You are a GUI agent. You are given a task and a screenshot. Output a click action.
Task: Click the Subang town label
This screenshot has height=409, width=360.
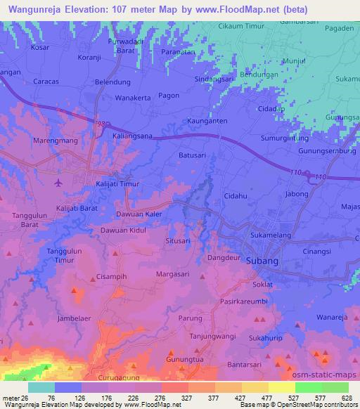[x=263, y=261]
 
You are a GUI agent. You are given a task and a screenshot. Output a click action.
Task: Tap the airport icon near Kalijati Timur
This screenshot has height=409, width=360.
[x=58, y=183]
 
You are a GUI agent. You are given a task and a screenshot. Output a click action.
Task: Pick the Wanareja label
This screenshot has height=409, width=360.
[x=333, y=317]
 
